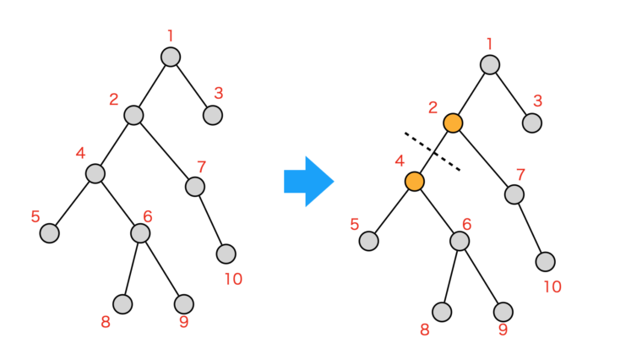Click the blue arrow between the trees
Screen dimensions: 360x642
(x=308, y=181)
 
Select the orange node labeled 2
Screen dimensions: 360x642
(x=453, y=123)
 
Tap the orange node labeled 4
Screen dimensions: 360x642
(x=414, y=182)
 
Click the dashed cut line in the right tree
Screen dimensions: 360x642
(x=432, y=151)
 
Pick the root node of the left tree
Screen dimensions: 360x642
(x=171, y=57)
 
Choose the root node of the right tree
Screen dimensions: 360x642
(x=489, y=65)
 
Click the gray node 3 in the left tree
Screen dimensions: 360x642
(x=213, y=115)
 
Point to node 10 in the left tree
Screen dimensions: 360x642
(x=226, y=254)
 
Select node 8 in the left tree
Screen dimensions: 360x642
(x=123, y=303)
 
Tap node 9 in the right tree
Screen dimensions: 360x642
(x=503, y=312)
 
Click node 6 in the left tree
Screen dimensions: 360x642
(x=140, y=232)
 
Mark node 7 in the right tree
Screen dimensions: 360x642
(x=514, y=194)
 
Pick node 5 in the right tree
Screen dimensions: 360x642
(x=368, y=241)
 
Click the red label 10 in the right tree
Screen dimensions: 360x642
(x=552, y=286)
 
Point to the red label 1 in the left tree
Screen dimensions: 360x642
(x=171, y=35)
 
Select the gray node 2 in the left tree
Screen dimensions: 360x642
(x=133, y=115)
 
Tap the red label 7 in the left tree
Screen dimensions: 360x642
(x=201, y=166)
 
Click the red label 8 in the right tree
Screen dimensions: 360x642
(x=424, y=330)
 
